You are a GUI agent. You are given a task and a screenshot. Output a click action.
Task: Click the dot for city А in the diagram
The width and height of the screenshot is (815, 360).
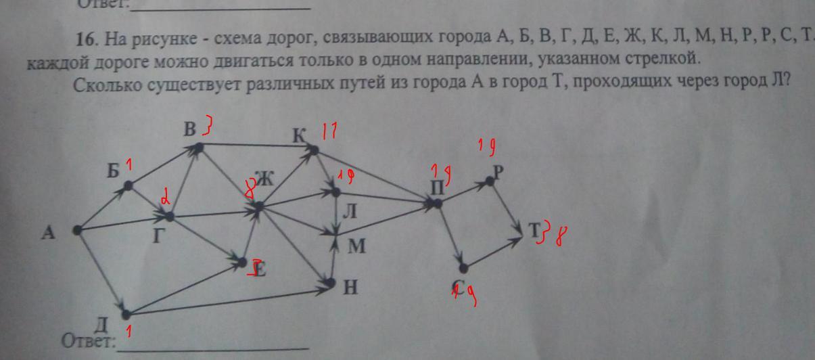coord(77,230)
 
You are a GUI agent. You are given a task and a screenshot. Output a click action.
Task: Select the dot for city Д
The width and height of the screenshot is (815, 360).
coord(126,313)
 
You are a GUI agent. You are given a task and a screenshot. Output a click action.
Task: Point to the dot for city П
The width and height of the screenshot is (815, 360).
coord(438,202)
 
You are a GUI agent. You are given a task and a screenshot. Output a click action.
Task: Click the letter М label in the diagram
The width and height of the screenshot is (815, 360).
coord(356,246)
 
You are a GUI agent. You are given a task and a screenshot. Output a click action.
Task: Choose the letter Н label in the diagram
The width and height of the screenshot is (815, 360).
coord(351,288)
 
